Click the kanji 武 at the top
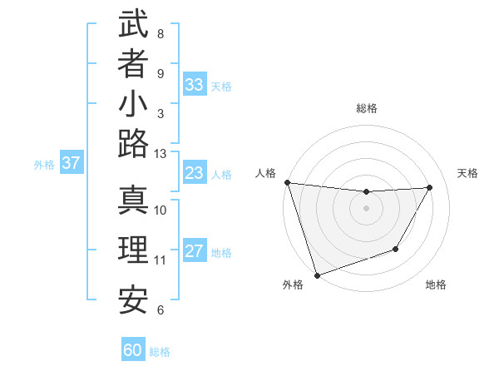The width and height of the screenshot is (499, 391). [x=133, y=25]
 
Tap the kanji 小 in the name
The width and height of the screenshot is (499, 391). [x=133, y=106]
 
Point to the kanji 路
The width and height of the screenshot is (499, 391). [x=133, y=145]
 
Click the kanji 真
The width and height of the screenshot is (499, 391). [x=133, y=201]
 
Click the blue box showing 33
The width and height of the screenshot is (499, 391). [x=195, y=85]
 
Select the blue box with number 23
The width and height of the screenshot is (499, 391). [x=195, y=174]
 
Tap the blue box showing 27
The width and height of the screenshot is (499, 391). [x=195, y=252]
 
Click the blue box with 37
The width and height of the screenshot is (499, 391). [x=71, y=164]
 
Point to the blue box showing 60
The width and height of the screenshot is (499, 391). [x=133, y=350]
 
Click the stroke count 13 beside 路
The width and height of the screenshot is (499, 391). [x=161, y=154]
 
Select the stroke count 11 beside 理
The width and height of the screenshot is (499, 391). [x=161, y=260]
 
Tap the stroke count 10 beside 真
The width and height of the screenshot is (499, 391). [x=161, y=210]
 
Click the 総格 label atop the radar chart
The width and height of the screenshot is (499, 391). [x=367, y=108]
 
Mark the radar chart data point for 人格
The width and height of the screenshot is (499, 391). [x=287, y=182]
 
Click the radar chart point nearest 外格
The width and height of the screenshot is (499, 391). [x=317, y=275]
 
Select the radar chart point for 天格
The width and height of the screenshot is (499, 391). [x=430, y=187]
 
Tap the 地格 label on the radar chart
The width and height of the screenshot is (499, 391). [x=436, y=285]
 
